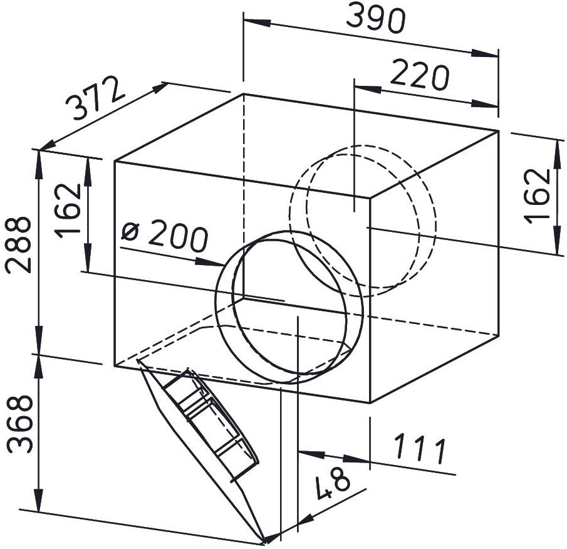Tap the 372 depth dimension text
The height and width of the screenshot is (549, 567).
(x=95, y=97)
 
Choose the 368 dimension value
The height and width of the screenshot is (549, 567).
(x=19, y=423)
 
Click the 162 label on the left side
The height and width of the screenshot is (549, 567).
(x=68, y=211)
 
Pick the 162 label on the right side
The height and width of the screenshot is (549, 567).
(x=537, y=196)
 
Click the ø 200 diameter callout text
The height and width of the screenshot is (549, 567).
(x=165, y=235)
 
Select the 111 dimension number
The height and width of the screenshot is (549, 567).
(x=420, y=449)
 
